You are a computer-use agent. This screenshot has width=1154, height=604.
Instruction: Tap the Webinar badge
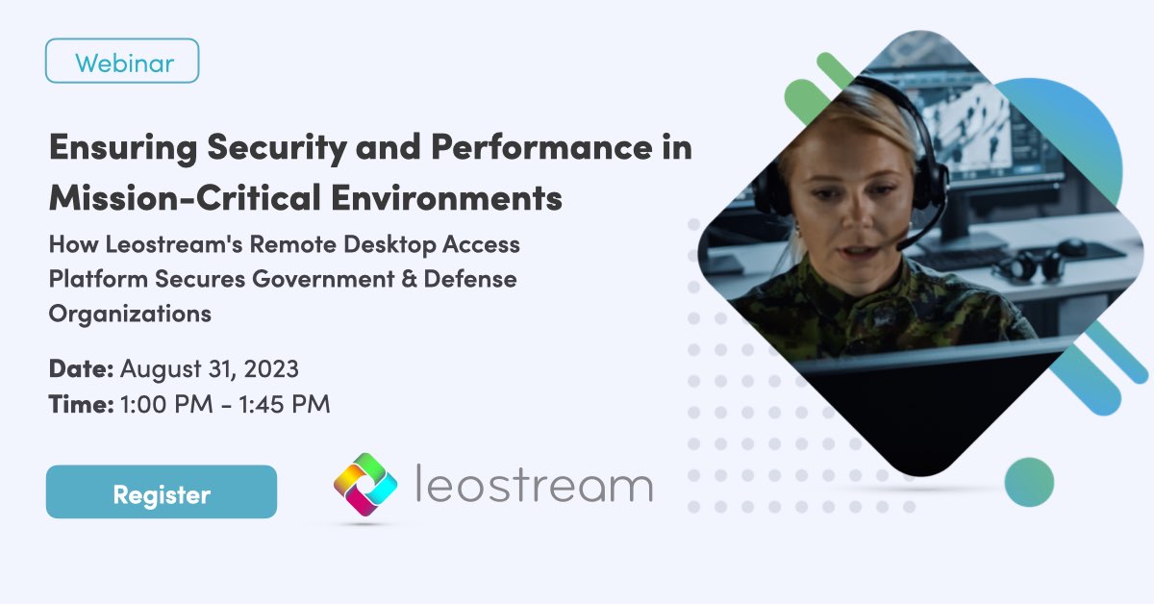(122, 61)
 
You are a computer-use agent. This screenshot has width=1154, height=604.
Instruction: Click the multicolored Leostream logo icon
(365, 485)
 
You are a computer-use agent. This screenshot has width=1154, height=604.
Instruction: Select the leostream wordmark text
(534, 485)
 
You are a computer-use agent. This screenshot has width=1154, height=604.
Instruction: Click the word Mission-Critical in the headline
(163, 199)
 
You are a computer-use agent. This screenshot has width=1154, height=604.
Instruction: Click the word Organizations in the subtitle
(130, 314)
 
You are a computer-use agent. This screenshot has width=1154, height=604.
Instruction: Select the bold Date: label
(82, 368)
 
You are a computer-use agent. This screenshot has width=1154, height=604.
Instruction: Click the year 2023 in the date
(271, 368)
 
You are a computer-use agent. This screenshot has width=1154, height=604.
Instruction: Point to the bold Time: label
(81, 405)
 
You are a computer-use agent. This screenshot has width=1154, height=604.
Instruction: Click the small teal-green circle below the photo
(1029, 482)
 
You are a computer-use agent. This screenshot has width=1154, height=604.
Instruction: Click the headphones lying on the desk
(1033, 260)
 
